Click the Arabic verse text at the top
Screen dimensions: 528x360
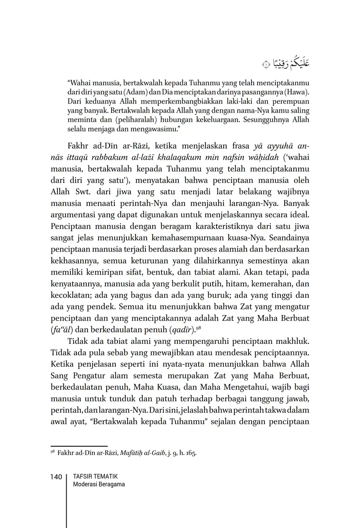(291, 63)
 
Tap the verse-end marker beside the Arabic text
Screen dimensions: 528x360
(266, 65)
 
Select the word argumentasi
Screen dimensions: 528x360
(73, 215)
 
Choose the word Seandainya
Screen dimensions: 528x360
(290, 238)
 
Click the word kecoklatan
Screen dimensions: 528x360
(70, 295)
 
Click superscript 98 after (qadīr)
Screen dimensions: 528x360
(199, 327)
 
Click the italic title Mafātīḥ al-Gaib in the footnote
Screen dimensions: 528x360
(142, 453)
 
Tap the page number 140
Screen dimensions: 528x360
(56, 477)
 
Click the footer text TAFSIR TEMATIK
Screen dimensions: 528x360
(95, 477)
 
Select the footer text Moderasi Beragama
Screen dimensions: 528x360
(99, 485)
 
